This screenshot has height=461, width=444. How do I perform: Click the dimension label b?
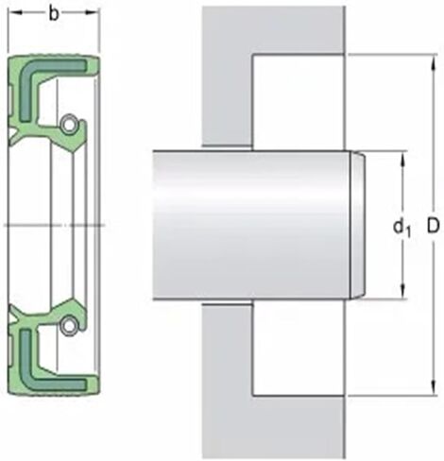[54, 13]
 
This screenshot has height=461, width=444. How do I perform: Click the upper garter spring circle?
[69, 125]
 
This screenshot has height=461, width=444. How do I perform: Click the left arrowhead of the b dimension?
[13, 13]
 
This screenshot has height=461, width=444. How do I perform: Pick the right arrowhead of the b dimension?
[94, 13]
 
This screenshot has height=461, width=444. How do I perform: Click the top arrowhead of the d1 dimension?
[403, 157]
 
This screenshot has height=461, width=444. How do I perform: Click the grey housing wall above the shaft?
[227, 76]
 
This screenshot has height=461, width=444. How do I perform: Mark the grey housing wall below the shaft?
[227, 378]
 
